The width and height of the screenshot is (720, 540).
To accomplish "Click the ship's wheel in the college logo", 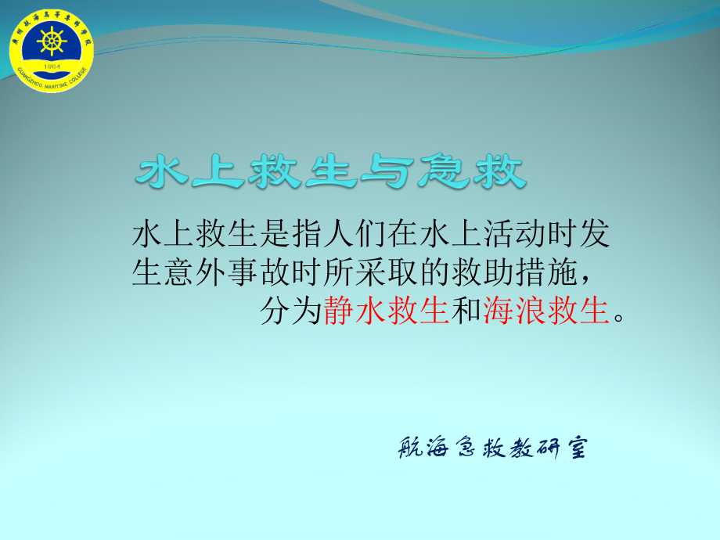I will (x=51, y=41).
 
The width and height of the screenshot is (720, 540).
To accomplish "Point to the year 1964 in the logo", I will (x=51, y=67).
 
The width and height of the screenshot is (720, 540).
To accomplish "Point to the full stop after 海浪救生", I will (x=619, y=319).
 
